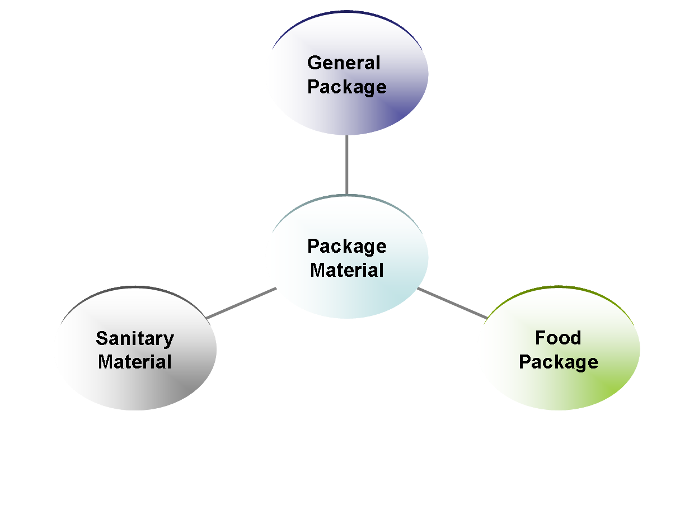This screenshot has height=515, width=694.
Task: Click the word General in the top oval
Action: (x=344, y=63)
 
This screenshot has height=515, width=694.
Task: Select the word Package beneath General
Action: (x=346, y=87)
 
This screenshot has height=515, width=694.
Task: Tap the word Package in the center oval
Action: (x=346, y=247)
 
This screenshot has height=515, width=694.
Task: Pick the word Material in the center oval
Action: (x=346, y=270)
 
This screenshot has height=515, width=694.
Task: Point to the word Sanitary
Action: (x=135, y=338)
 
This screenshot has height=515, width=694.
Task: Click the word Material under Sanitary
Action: (x=135, y=362)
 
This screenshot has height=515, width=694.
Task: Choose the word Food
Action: (x=558, y=338)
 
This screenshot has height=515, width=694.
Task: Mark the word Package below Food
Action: (x=558, y=362)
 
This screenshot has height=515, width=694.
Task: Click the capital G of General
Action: (x=315, y=63)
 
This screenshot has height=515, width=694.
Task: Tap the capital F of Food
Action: (x=540, y=338)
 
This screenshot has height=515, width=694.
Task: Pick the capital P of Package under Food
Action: (x=525, y=362)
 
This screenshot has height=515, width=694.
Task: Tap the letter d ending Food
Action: (x=575, y=338)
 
